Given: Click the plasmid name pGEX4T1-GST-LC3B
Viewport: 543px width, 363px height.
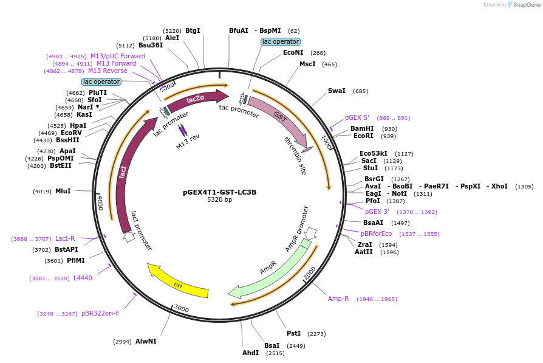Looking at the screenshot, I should [x=219, y=192].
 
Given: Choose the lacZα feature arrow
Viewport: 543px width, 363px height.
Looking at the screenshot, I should [x=196, y=100].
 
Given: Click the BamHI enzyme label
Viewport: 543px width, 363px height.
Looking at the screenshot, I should [x=361, y=128].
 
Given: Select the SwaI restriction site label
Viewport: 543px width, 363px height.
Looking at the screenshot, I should [x=336, y=91].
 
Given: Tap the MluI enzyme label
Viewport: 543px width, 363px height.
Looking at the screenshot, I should [x=63, y=191].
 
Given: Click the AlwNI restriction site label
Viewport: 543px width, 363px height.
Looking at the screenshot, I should [x=146, y=341].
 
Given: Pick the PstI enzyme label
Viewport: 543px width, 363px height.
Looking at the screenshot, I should [x=293, y=333].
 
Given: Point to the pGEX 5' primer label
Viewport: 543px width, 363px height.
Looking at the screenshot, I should [x=357, y=117].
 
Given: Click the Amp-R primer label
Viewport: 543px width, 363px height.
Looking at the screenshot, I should [x=338, y=299].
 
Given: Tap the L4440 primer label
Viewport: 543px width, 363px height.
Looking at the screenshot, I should [x=83, y=278].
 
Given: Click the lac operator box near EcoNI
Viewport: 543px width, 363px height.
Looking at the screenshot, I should [x=280, y=41].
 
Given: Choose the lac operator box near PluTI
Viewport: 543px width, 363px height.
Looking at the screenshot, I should [x=101, y=81].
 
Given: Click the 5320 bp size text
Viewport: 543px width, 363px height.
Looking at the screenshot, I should [x=219, y=200].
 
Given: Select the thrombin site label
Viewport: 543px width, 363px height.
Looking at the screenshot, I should [x=295, y=156].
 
